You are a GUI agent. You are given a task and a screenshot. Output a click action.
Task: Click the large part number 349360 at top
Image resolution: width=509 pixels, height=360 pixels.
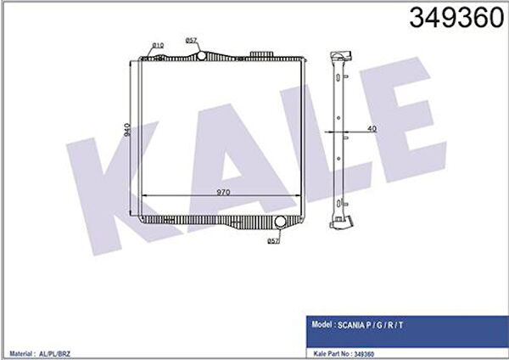point(456,18)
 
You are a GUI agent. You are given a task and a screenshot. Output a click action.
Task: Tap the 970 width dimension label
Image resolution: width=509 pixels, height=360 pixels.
point(223,192)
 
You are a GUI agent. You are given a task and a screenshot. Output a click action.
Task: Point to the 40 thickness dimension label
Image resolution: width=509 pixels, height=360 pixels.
point(372,129)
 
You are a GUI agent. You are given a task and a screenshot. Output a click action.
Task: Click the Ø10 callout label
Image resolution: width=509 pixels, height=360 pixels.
point(158,45)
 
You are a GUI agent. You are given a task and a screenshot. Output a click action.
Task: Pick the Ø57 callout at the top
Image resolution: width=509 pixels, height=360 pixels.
point(191,40)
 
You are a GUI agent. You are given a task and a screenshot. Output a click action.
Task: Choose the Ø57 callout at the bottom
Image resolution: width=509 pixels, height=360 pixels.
point(273,241)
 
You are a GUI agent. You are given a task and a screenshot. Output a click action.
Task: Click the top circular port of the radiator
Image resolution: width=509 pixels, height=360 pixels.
point(202,56)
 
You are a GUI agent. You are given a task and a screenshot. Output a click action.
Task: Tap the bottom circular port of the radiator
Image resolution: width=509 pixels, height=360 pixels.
point(280,222)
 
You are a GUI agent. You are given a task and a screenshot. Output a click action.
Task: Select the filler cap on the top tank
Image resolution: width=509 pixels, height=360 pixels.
point(261,53)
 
